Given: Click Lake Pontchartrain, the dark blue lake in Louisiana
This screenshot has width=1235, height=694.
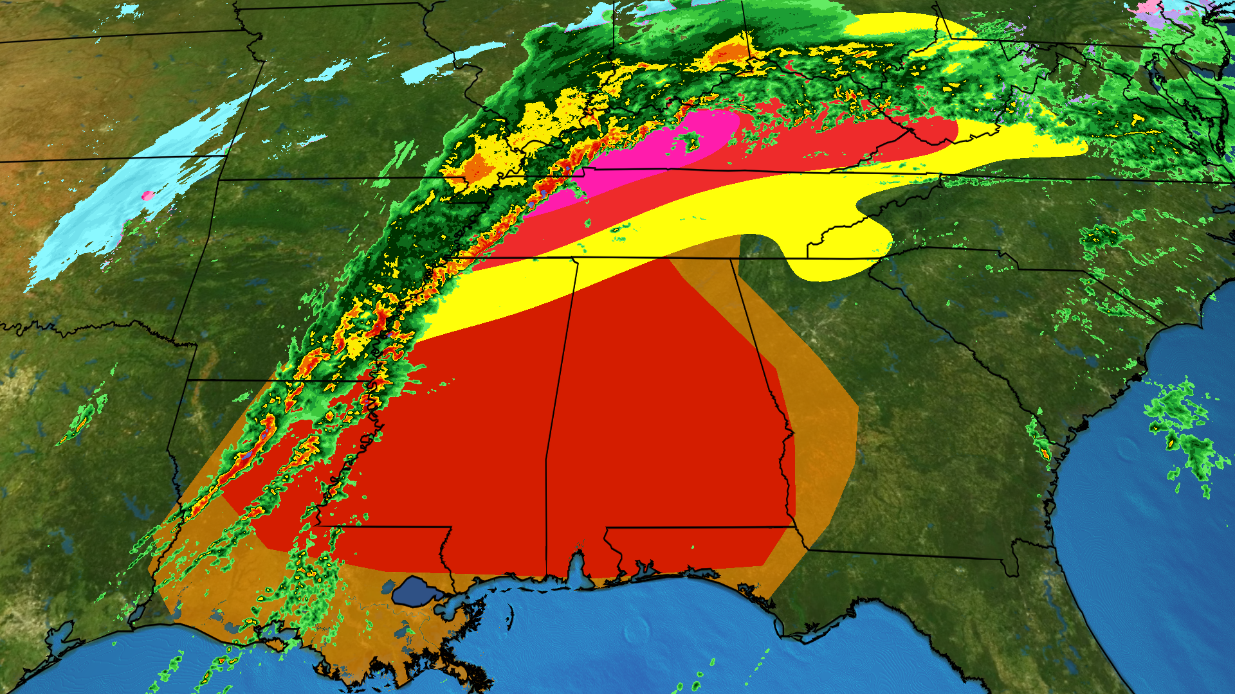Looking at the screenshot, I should pyautogui.click(x=417, y=591).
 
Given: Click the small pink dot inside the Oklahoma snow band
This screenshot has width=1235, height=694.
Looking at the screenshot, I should pyautogui.click(x=147, y=195).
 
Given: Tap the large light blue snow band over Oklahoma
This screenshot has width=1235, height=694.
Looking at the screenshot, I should pyautogui.click(x=129, y=193).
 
